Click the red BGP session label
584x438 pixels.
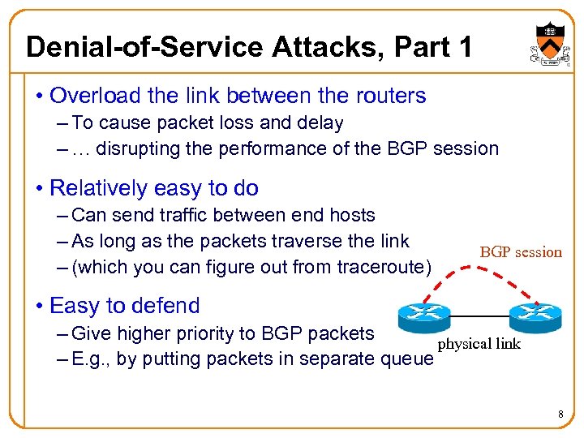tap(521, 252)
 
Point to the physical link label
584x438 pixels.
tap(479, 344)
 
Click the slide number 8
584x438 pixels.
tap(560, 416)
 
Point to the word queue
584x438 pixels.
tap(410, 359)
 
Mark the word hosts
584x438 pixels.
tap(350, 215)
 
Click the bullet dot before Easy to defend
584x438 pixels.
tap(39, 307)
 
